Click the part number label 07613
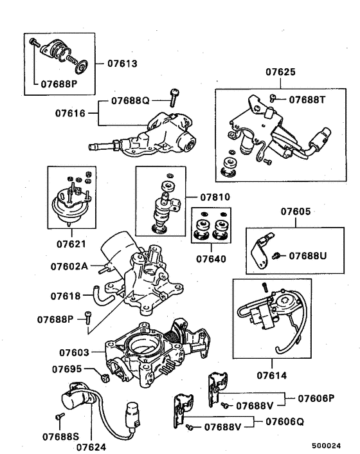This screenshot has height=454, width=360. pyautogui.click(x=122, y=64)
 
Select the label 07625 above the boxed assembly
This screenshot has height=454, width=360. pyautogui.click(x=280, y=72)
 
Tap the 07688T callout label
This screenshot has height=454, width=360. pyautogui.click(x=307, y=100)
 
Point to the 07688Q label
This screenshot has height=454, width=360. pyautogui.click(x=130, y=100)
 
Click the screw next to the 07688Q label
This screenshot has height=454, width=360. pyautogui.click(x=174, y=98)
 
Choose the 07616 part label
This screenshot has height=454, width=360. pyautogui.click(x=70, y=113)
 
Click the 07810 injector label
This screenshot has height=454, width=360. pyautogui.click(x=215, y=197)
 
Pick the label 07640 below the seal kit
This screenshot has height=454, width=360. pyautogui.click(x=211, y=259)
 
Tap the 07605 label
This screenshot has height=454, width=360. pyautogui.click(x=296, y=212)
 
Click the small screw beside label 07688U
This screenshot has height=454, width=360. pyautogui.click(x=276, y=256)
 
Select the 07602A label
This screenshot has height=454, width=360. pyautogui.click(x=69, y=266)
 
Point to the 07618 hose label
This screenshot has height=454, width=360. pyautogui.click(x=66, y=296)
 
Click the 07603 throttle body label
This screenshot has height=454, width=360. pyautogui.click(x=74, y=352)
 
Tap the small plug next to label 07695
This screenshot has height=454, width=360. pyautogui.click(x=105, y=378)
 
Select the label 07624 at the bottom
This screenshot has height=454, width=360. pyautogui.click(x=91, y=447)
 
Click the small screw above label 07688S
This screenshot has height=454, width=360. pyautogui.click(x=60, y=416)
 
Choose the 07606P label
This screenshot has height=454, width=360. pyautogui.click(x=316, y=399)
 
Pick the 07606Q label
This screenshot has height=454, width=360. pyautogui.click(x=285, y=422)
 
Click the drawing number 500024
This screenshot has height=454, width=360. pyautogui.click(x=326, y=446)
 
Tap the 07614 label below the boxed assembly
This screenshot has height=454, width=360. pyautogui.click(x=272, y=376)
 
